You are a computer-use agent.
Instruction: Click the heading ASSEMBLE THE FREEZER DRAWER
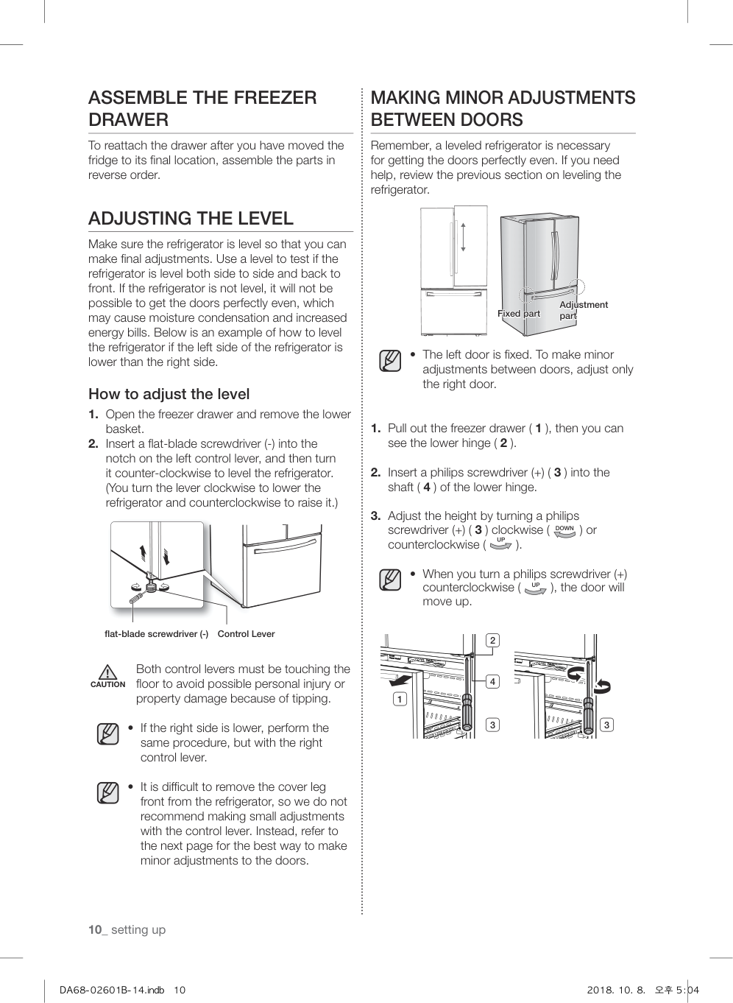pos(202,108)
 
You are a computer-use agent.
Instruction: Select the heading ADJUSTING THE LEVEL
pos(191,218)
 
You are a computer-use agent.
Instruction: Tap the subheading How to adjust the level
pos(169,394)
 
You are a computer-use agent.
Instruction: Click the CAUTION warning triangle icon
pos(107,672)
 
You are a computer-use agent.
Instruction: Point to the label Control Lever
pos(246,634)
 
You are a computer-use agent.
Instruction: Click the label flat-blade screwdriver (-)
pos(156,634)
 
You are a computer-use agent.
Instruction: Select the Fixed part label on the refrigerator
pos(518,314)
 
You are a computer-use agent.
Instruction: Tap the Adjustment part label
pos(583,310)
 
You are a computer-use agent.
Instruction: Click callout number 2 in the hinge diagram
pos(492,640)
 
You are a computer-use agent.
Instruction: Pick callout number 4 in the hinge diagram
pos(492,681)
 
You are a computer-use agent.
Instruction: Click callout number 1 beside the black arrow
pos(400,698)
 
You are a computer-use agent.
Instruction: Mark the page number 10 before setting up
pos(95,929)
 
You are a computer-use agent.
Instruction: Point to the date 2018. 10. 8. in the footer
pos(615,990)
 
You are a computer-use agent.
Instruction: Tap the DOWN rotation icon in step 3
pos(564,530)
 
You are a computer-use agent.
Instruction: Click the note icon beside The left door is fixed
pos(390,361)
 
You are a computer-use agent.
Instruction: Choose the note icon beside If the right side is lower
pos(107,733)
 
